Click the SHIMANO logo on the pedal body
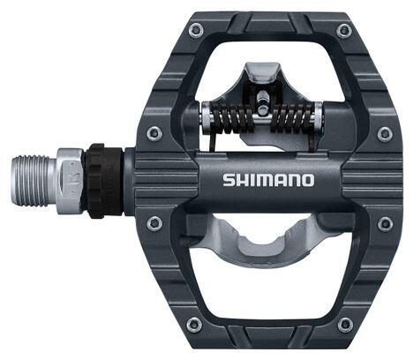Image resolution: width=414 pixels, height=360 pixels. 268,180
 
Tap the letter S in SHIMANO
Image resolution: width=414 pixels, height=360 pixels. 229,180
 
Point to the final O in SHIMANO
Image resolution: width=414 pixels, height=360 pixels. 307,180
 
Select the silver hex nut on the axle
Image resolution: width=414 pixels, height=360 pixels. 71,181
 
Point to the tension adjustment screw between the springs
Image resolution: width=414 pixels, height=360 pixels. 261,101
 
